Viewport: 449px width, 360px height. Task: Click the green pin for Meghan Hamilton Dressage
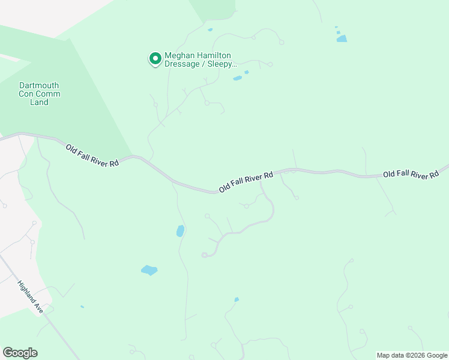click(155, 58)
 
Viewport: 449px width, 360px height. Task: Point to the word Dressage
click(183, 64)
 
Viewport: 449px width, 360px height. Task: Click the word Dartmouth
click(40, 85)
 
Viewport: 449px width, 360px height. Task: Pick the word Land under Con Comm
click(40, 102)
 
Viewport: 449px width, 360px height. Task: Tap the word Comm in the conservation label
click(48, 94)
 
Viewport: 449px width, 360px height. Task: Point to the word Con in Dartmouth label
click(26, 94)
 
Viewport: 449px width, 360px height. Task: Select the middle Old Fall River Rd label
click(246, 182)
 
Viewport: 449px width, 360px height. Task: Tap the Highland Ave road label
click(30, 298)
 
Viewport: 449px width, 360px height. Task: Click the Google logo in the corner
click(20, 353)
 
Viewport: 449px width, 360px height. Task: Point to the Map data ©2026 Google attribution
click(412, 355)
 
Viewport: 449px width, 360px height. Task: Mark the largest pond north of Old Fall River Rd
click(342, 39)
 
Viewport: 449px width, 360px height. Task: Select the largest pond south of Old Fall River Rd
click(149, 270)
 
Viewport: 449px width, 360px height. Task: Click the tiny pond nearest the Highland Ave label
click(82, 307)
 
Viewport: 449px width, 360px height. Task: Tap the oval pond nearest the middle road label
click(180, 231)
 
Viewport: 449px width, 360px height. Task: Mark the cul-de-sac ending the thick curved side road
click(205, 255)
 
